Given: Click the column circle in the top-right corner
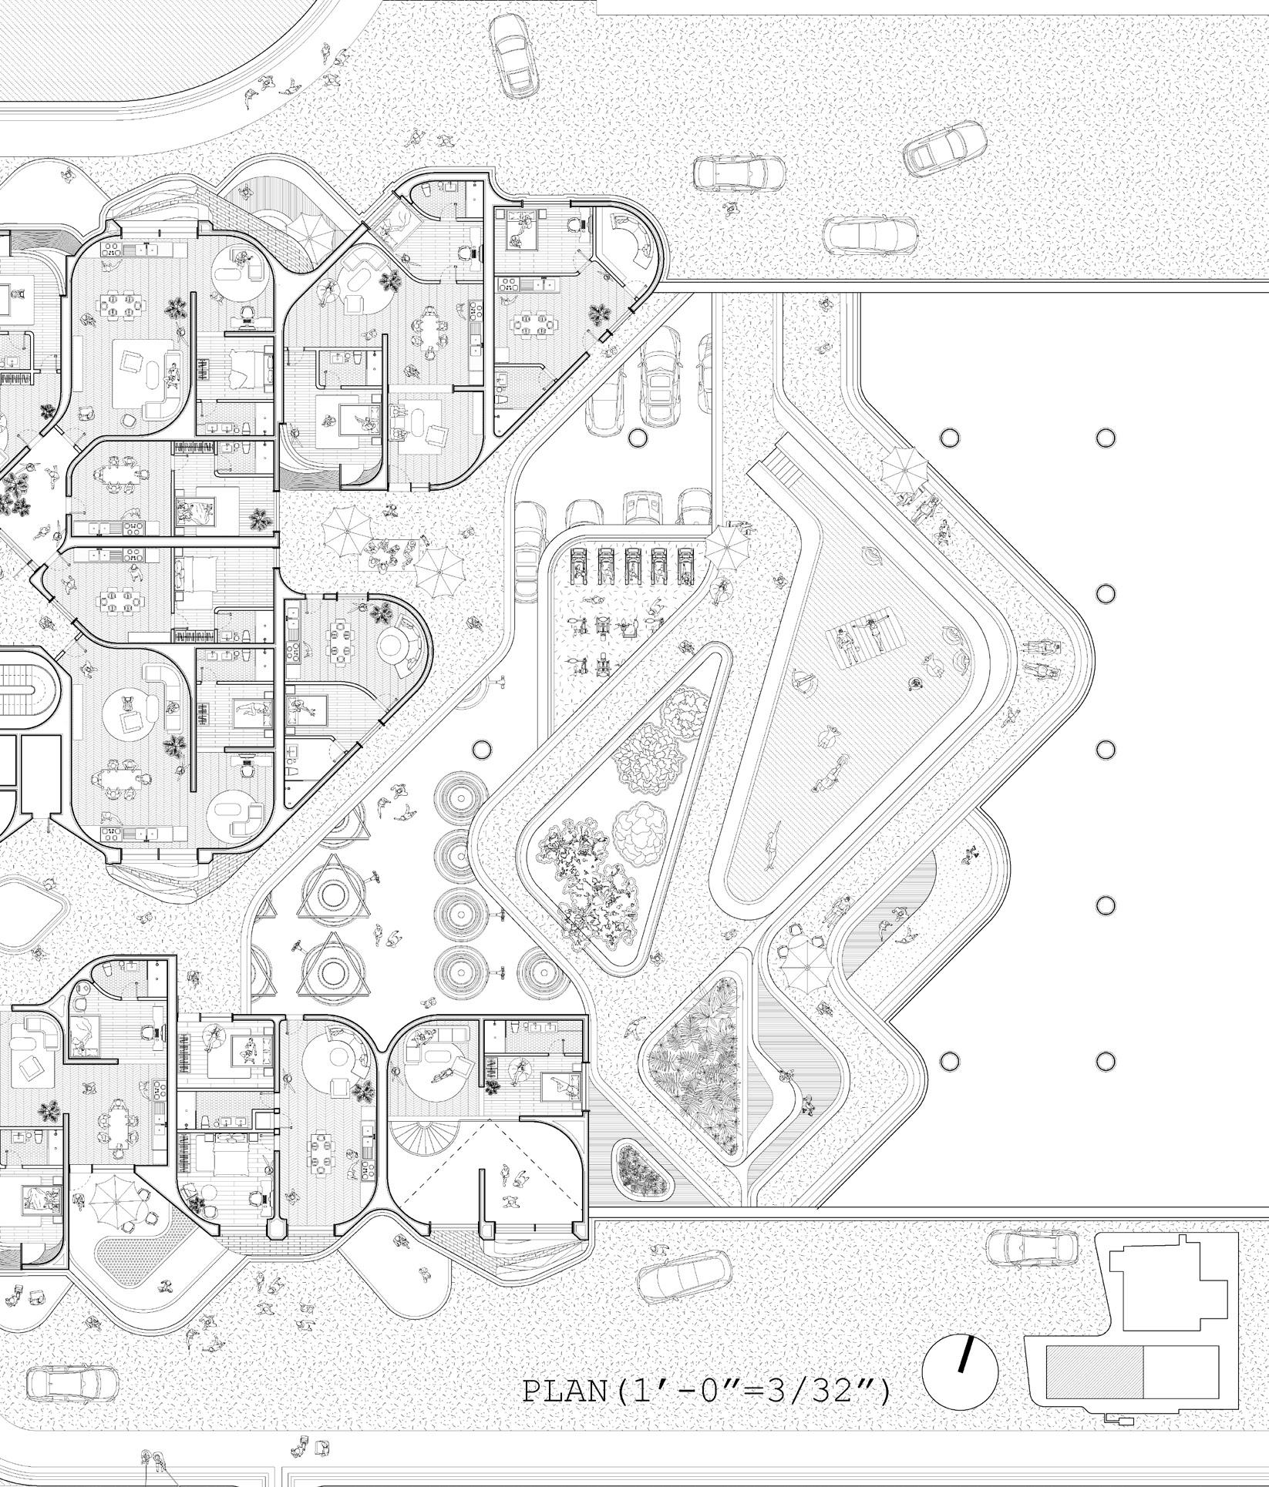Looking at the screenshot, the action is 1105,438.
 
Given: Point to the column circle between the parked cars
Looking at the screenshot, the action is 637,438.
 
